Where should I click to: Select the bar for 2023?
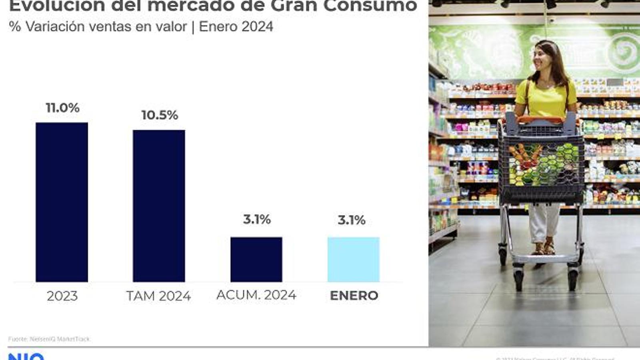[x=62, y=202]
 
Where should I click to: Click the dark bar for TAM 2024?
[x=159, y=206]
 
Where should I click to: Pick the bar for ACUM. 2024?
[x=256, y=259]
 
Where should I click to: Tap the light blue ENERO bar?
[x=353, y=259]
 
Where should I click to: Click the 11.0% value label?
[x=62, y=108]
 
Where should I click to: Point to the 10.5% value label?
[x=160, y=115]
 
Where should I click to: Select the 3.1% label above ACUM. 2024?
[x=257, y=219]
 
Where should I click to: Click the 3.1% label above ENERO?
[x=352, y=220]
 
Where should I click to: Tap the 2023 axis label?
[x=62, y=296]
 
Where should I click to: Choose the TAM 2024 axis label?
[x=158, y=296]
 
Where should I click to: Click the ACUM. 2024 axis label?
[x=256, y=295]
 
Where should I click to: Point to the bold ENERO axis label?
[x=354, y=296]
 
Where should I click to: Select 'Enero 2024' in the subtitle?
[x=236, y=26]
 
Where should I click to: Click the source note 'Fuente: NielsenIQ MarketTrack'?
[x=49, y=339]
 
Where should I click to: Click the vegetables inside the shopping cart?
[x=544, y=164]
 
